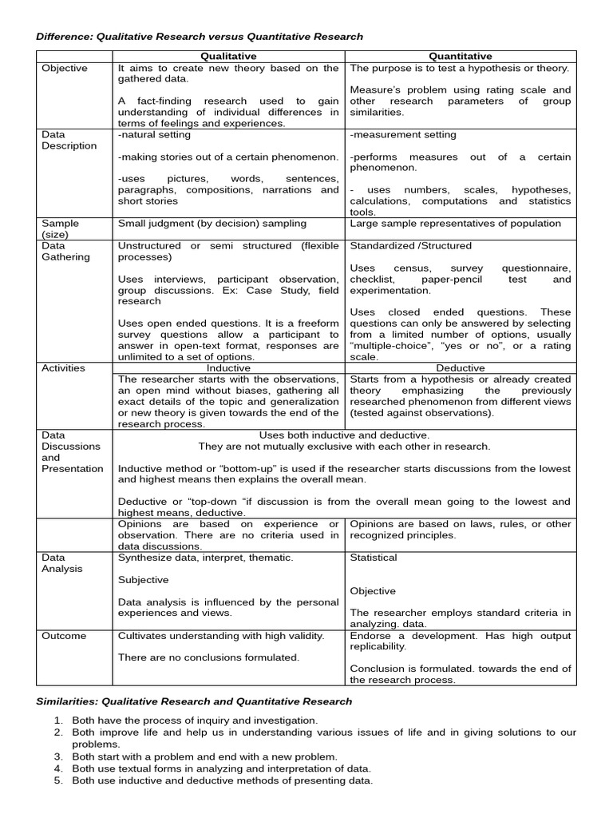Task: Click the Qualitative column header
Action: point(228,56)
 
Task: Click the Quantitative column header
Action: point(461,56)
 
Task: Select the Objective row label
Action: point(65,68)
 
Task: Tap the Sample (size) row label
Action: point(61,229)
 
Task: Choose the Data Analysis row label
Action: point(62,563)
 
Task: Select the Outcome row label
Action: point(64,636)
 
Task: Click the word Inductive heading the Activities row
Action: point(228,367)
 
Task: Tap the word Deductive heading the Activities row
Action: point(461,367)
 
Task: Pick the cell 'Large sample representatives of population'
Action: point(455,224)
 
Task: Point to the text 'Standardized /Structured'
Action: point(411,246)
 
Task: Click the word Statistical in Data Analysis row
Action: point(374,558)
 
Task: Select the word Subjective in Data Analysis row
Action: point(144,580)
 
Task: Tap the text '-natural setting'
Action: point(154,135)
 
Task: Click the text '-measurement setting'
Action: point(403,135)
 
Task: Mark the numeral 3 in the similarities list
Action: point(58,756)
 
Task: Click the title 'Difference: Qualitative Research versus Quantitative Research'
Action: point(200,37)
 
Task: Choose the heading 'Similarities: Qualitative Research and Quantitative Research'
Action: point(194,701)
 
